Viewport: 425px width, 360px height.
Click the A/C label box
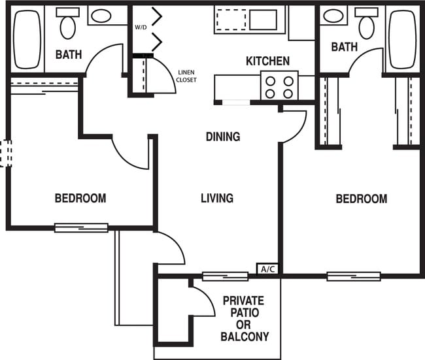click(268, 269)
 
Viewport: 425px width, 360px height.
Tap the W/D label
click(141, 27)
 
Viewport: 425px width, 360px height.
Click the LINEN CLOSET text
click(186, 76)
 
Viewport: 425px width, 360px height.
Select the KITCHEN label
click(267, 61)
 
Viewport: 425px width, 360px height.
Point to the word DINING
click(223, 137)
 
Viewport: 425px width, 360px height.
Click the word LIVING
click(217, 198)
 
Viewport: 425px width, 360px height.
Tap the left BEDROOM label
click(80, 198)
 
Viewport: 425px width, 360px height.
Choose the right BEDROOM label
click(361, 199)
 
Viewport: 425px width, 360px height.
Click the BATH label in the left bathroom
click(68, 54)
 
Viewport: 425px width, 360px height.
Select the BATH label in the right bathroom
click(344, 47)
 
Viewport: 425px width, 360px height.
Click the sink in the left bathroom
click(100, 16)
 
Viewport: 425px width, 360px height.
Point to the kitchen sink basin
click(263, 20)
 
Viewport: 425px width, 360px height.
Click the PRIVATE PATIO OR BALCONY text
click(243, 318)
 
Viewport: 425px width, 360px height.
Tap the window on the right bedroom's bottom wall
click(353, 276)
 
